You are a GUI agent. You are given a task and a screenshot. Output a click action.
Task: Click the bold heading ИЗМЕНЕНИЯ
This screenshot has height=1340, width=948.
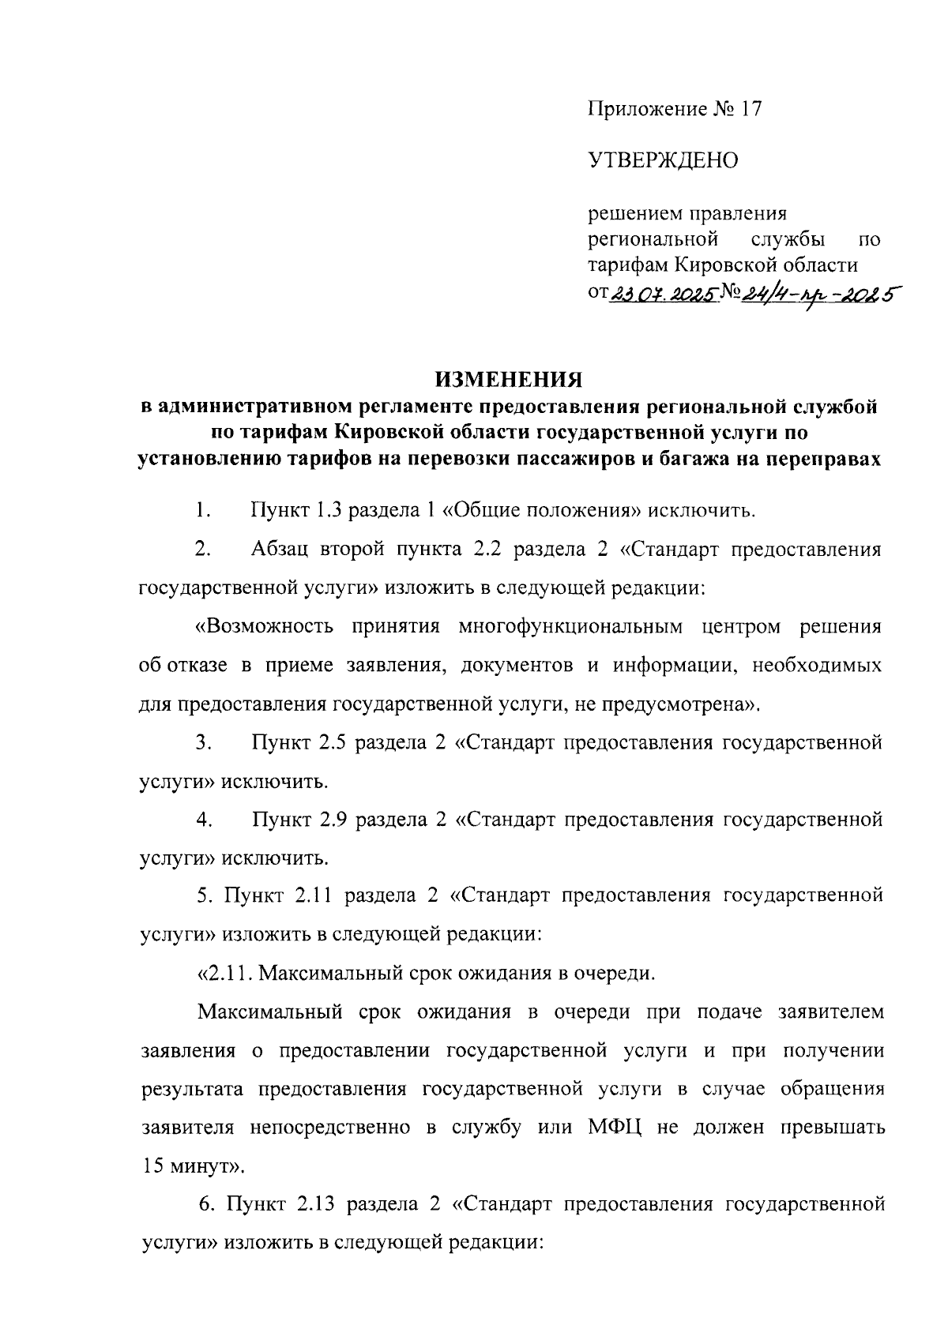coord(509,380)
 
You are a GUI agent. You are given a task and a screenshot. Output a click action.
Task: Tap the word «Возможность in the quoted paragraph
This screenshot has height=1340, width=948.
coord(254,627)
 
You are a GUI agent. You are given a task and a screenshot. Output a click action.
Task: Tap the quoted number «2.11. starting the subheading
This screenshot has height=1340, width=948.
coord(224,971)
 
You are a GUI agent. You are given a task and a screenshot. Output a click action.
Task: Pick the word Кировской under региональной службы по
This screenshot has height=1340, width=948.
coord(732,263)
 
